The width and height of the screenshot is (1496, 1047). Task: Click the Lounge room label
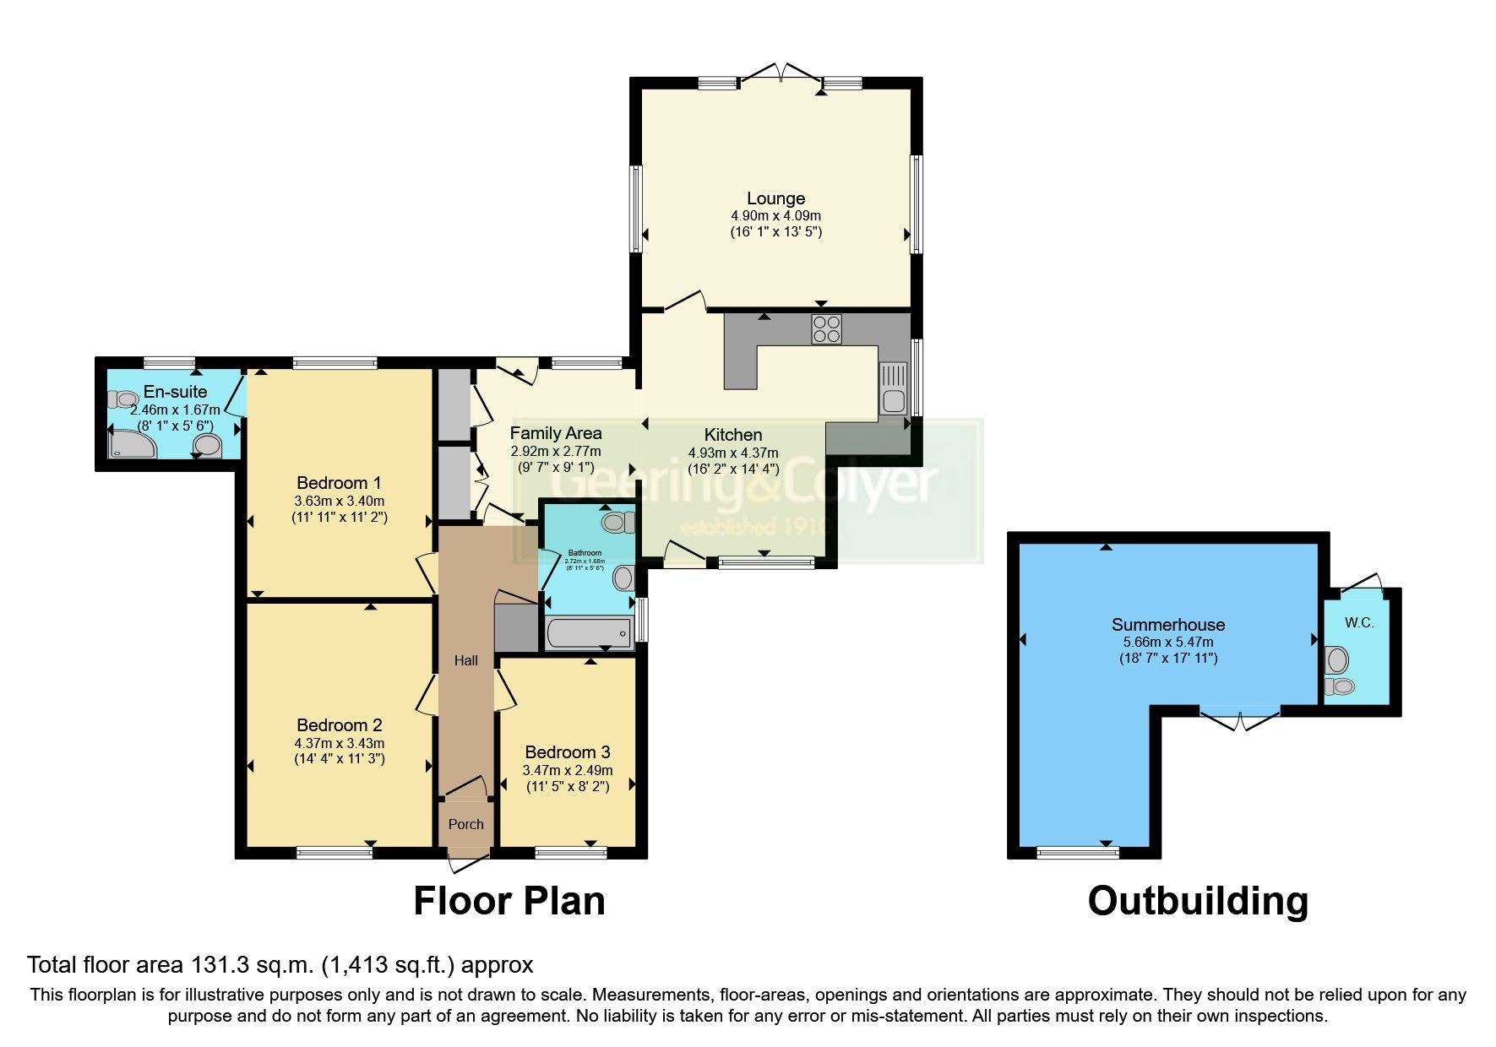(775, 198)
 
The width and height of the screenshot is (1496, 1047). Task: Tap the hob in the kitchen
(826, 328)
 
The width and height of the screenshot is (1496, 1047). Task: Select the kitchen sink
(892, 388)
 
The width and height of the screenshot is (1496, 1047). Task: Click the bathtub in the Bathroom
(589, 632)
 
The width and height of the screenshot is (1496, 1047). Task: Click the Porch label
(465, 824)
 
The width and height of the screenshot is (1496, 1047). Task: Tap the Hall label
(465, 660)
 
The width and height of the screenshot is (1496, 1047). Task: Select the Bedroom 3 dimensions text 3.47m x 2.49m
(567, 770)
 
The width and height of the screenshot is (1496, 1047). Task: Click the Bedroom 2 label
(339, 725)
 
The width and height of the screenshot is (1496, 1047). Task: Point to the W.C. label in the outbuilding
(1359, 623)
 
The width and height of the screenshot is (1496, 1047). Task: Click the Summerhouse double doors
(1240, 719)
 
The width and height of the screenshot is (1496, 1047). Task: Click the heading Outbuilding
(1198, 901)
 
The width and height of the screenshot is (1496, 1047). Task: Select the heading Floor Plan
(509, 901)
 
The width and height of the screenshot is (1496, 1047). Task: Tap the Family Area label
(555, 433)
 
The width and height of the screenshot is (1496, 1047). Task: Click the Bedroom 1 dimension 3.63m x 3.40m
(339, 501)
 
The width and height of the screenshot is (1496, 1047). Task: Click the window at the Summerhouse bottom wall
(1077, 853)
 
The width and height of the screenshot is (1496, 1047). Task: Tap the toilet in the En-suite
(125, 399)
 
